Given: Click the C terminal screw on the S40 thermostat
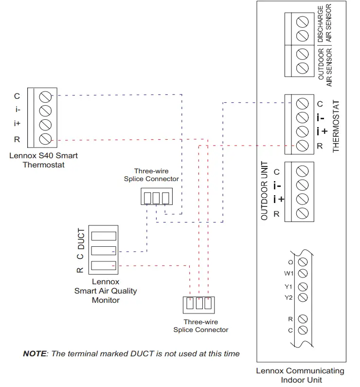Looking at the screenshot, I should [x=46, y=95].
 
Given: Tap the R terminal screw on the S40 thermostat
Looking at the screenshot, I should [x=46, y=139].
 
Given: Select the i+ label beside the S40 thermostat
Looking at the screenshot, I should [x=17, y=124].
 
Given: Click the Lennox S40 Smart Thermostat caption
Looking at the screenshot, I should [x=43, y=160].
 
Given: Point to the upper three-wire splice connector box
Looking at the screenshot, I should [x=156, y=198].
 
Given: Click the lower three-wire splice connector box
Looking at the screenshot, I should [x=198, y=304].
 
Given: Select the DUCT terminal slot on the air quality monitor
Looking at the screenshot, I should [x=103, y=236].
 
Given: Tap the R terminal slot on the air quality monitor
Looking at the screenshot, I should [x=103, y=266].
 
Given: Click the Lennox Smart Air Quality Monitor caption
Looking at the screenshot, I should [x=106, y=291].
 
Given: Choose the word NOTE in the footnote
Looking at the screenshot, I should [x=35, y=353].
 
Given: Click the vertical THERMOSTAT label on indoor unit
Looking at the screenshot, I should [x=336, y=127].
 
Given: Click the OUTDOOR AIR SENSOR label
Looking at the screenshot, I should [x=324, y=67].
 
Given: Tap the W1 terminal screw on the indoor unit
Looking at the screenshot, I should [x=302, y=274].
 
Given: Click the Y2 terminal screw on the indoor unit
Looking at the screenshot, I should [x=302, y=297].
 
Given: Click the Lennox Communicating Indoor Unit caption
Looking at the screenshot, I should [x=300, y=375].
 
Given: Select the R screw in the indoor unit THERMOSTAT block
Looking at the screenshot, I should [x=302, y=145].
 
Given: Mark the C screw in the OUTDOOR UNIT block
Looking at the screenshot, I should [x=302, y=171].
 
